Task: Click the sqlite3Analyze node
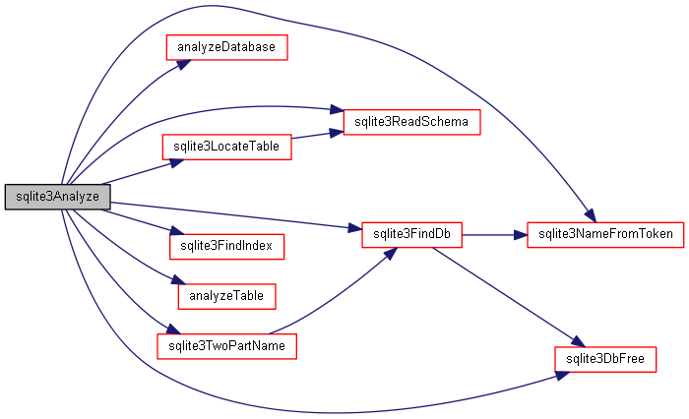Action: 51,197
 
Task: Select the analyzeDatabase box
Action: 225,47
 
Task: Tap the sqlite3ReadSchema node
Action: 405,122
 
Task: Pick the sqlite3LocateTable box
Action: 225,147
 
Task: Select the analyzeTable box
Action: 225,294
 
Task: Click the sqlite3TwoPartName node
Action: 226,346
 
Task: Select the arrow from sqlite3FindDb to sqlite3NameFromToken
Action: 493,234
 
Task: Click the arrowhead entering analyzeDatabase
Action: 184,61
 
